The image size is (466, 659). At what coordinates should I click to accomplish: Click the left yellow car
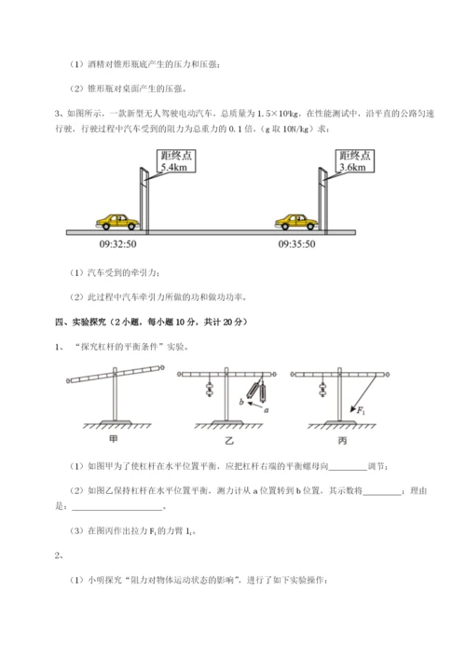tap(117, 221)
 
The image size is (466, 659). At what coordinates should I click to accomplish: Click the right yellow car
tap(295, 221)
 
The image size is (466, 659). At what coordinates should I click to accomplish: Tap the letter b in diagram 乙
tap(240, 403)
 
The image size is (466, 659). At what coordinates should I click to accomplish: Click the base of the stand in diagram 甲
tap(113, 420)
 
